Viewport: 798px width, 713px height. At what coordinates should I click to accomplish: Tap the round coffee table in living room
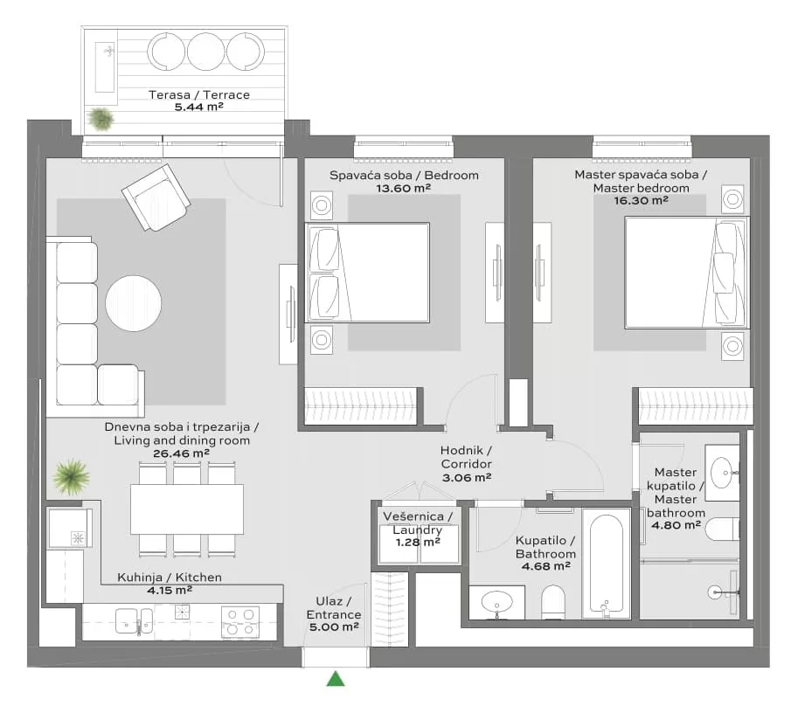[134, 303]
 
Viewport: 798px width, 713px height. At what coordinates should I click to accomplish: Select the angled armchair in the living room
[156, 197]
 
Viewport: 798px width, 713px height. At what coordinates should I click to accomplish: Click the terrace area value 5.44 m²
[199, 107]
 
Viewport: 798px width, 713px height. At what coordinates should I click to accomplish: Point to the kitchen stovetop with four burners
[240, 622]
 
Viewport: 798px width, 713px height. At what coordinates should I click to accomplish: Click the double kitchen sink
[134, 621]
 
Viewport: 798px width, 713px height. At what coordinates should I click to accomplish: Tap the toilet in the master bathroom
[722, 529]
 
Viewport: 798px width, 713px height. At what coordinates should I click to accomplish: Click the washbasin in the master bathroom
[722, 473]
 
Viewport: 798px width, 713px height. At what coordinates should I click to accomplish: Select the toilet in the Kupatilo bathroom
[553, 602]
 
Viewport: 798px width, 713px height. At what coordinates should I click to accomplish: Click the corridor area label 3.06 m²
[466, 477]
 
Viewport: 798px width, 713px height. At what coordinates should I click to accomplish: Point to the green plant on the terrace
[101, 119]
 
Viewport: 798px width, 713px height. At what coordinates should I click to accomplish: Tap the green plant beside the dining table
[72, 477]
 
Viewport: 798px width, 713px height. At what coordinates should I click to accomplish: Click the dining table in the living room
[187, 509]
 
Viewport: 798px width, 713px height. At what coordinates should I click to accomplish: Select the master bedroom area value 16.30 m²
[641, 200]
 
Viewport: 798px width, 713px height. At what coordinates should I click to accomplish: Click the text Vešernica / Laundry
[417, 523]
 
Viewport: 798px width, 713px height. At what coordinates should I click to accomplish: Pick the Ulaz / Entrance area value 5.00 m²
[334, 627]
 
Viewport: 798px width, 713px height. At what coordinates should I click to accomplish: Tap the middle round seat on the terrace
[205, 52]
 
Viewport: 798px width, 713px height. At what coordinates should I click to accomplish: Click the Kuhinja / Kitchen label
[170, 577]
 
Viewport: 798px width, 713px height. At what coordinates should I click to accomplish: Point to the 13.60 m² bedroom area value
[403, 189]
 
